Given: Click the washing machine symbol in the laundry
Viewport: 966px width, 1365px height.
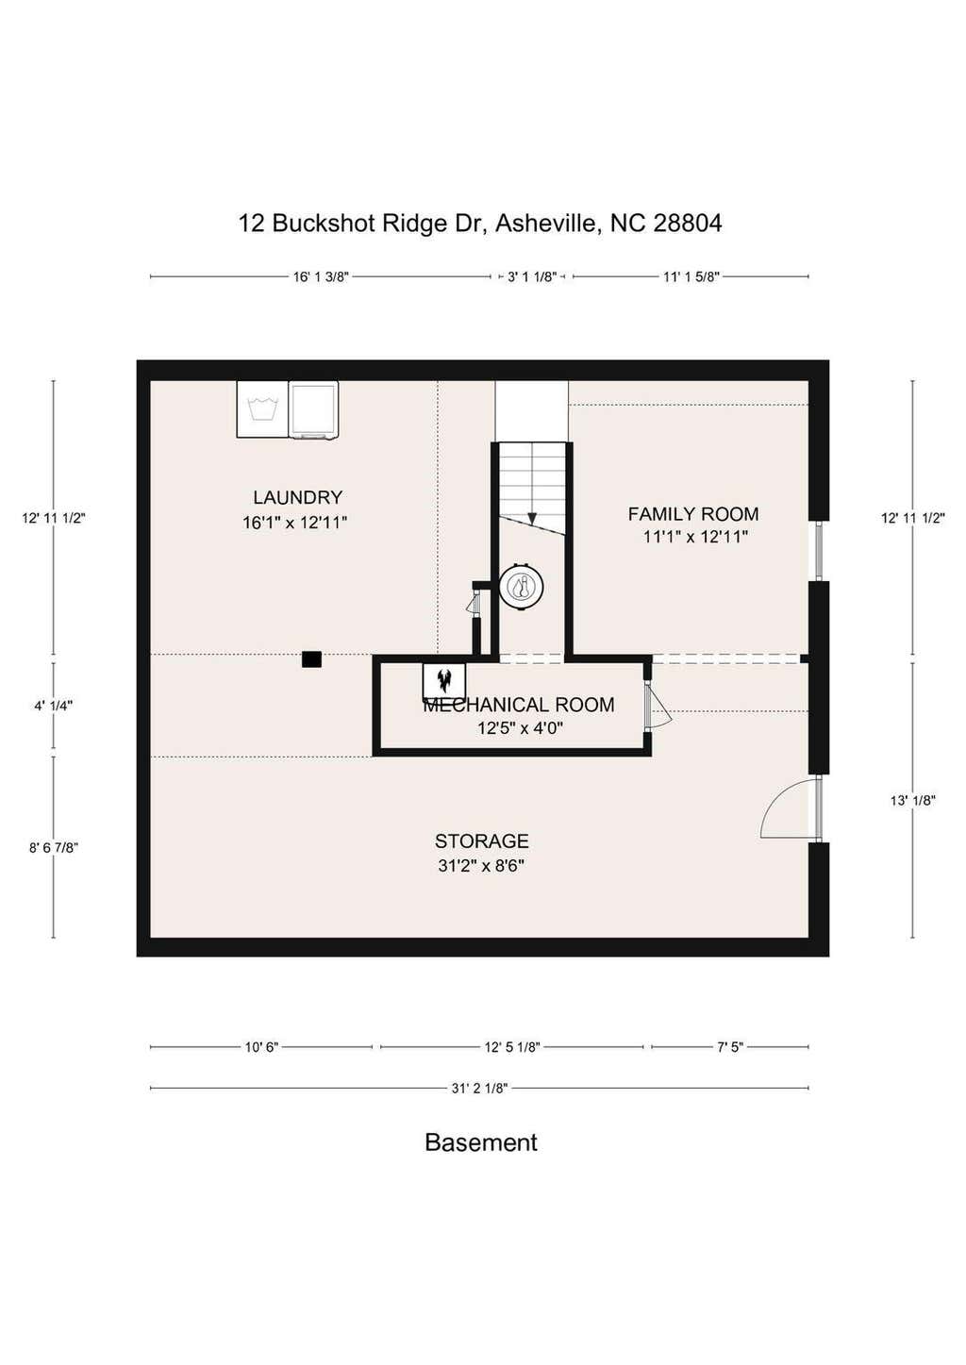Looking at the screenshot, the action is [262, 408].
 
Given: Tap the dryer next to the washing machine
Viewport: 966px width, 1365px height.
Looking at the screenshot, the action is [313, 409].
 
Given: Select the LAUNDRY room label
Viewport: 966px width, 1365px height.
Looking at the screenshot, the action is [297, 497].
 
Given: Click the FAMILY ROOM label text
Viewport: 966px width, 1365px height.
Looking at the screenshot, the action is [693, 514].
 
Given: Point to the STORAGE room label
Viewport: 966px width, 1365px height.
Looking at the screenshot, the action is [481, 841].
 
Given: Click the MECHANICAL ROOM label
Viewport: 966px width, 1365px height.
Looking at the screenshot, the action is [519, 705].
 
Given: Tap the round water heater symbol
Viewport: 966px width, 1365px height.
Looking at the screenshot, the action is [521, 587].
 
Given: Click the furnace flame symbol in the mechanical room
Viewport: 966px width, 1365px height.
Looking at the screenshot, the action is [444, 680].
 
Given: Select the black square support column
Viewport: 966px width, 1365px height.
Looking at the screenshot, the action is [311, 659].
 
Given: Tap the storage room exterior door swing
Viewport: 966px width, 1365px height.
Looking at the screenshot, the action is [789, 808].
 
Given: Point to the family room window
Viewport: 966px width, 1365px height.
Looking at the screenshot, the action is [819, 551].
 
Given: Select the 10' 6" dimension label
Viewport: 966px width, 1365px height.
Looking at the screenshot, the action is [261, 1047].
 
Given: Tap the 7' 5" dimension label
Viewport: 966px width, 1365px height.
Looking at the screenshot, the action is [730, 1047].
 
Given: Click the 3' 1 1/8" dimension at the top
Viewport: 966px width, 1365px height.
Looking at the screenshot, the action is [532, 276].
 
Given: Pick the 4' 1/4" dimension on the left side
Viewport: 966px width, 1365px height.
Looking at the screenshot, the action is [54, 706].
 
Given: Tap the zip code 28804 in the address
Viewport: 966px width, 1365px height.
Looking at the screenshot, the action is [688, 223].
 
